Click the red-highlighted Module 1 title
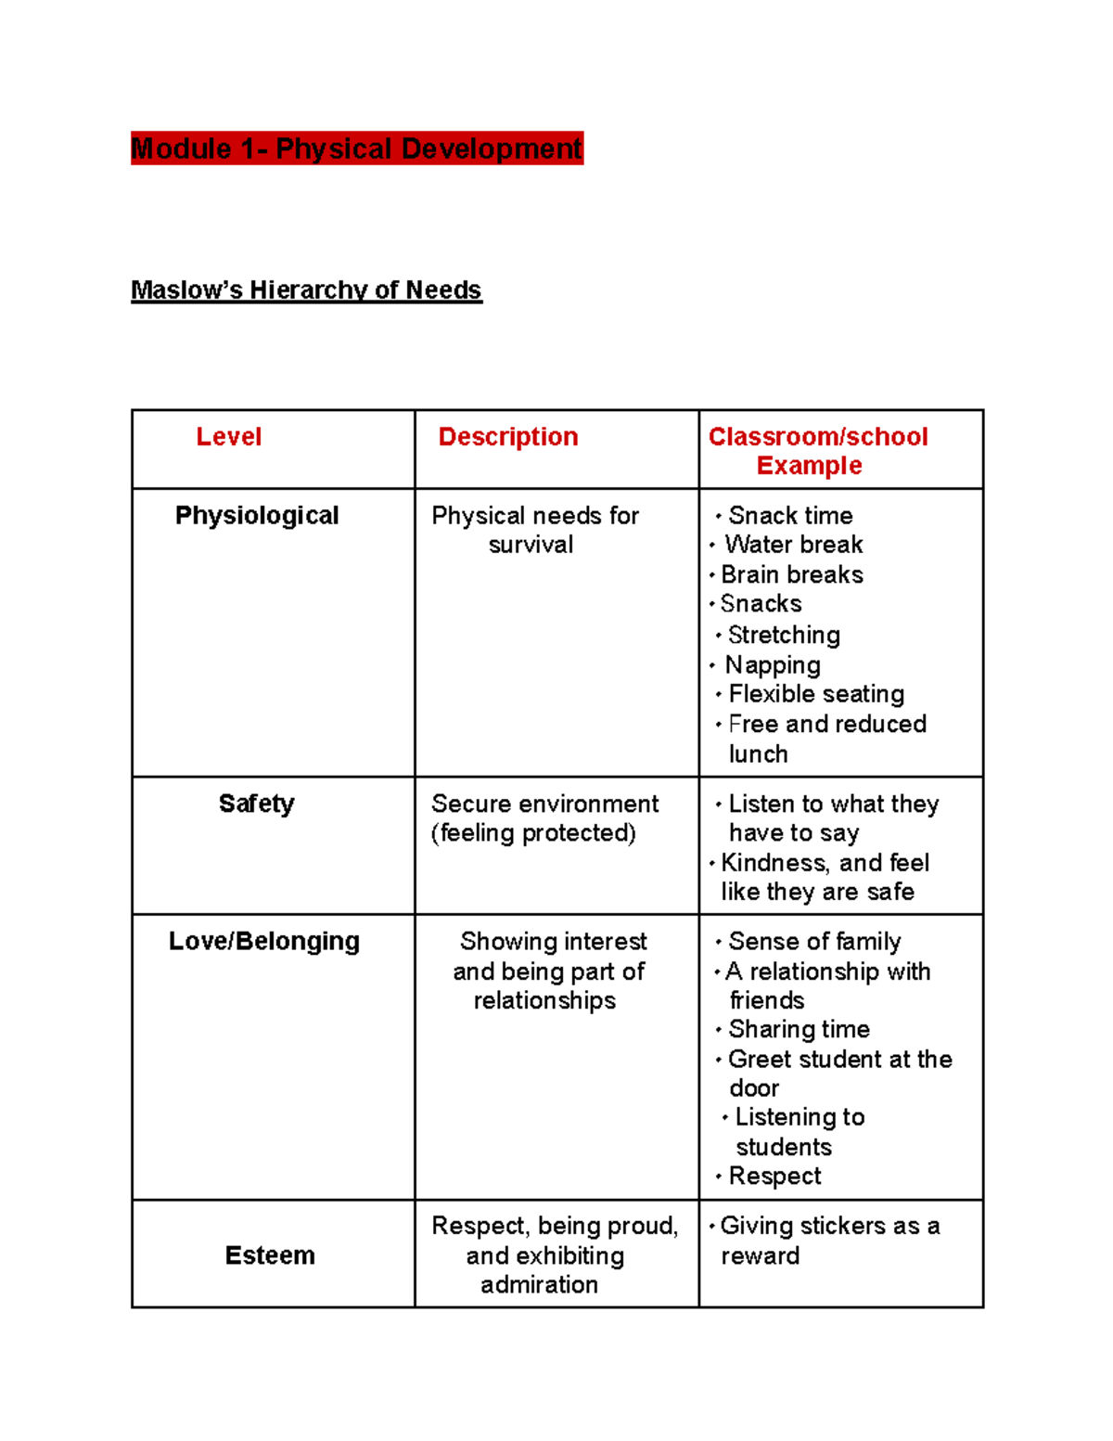[357, 148]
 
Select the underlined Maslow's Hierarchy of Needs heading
[306, 290]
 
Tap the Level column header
[229, 437]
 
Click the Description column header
[508, 437]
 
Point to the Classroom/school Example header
[817, 451]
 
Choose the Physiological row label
[257, 516]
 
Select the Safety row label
[257, 804]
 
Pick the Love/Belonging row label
[264, 941]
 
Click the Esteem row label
[270, 1255]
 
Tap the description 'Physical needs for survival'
[535, 530]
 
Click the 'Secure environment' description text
[544, 804]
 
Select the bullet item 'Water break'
[794, 545]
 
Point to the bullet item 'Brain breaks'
[792, 575]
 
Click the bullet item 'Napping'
[773, 665]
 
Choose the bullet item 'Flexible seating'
[816, 694]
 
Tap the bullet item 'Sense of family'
[814, 942]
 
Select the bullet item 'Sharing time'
[799, 1029]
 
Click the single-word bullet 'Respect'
[774, 1177]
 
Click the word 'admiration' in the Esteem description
[539, 1285]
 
